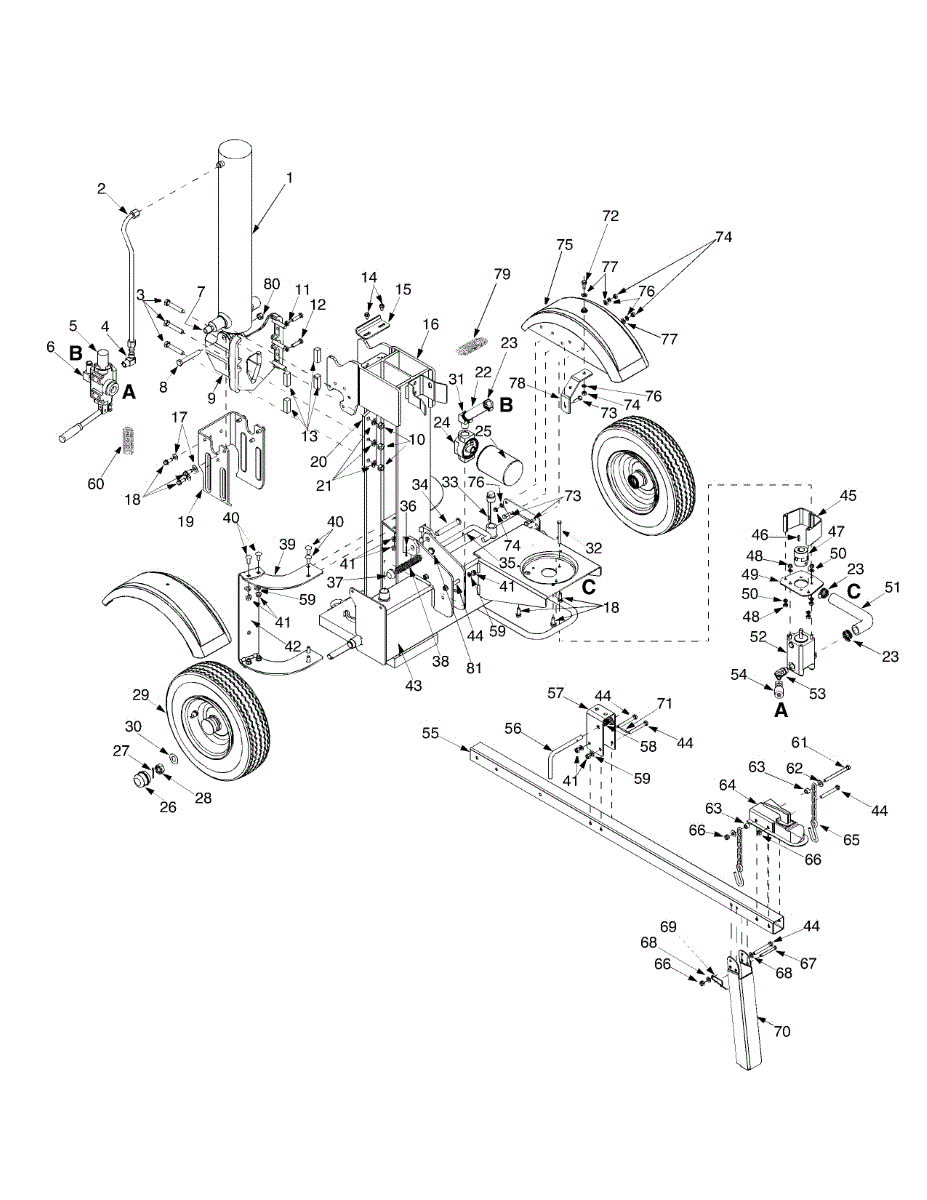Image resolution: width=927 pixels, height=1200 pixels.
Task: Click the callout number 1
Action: pyautogui.click(x=289, y=177)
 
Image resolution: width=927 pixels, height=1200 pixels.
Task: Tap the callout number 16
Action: pyautogui.click(x=430, y=325)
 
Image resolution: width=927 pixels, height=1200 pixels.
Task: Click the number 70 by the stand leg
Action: pyautogui.click(x=782, y=1031)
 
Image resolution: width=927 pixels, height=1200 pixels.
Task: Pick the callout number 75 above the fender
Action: pyautogui.click(x=564, y=245)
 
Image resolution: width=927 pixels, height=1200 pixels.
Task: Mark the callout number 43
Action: pyautogui.click(x=413, y=685)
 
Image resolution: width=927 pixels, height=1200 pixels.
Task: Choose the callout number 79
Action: pyautogui.click(x=501, y=274)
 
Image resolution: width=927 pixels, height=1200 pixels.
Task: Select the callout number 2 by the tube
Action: pyautogui.click(x=101, y=187)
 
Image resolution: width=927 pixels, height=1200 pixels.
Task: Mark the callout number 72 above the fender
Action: pyautogui.click(x=610, y=215)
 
